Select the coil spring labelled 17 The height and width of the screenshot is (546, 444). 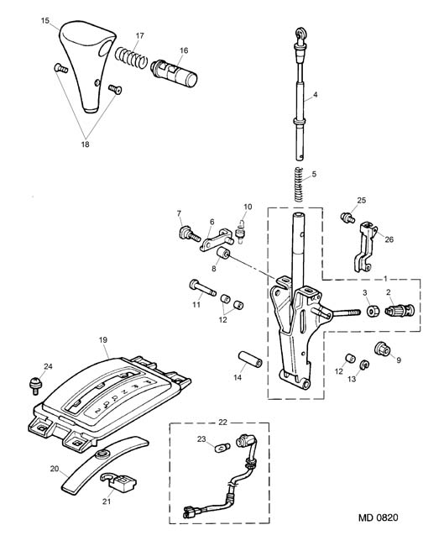(x=131, y=57)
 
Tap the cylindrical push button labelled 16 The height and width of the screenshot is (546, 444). (x=174, y=73)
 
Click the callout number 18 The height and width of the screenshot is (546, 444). (x=86, y=144)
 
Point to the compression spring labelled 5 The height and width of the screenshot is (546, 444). (x=299, y=185)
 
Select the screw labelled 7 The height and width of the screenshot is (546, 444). (x=190, y=234)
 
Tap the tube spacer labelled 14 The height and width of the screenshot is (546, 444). (x=250, y=359)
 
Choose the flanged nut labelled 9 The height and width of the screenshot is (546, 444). (x=383, y=349)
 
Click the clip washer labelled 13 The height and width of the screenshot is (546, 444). (x=364, y=365)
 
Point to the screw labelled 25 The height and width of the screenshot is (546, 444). (x=347, y=218)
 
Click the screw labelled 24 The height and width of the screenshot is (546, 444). (x=35, y=385)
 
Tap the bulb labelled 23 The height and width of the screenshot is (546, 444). (x=223, y=446)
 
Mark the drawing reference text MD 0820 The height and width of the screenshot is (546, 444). (x=379, y=517)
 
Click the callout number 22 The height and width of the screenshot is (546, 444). (x=222, y=423)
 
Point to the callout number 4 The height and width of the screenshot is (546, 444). (x=316, y=94)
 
